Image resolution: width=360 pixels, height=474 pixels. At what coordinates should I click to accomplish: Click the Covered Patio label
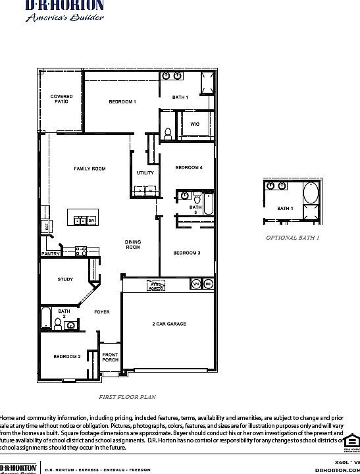62,99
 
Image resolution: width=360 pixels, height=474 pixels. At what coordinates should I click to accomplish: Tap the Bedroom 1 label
122,102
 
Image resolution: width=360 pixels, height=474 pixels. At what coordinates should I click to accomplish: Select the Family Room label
90,169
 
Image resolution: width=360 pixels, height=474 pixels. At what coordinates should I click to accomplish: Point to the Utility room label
145,173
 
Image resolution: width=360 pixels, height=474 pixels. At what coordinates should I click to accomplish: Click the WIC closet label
195,124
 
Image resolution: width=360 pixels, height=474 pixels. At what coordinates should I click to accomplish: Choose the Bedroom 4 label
188,168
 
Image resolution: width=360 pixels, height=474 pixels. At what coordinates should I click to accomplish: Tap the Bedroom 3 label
187,253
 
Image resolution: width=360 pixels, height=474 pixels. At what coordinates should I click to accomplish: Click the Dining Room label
133,245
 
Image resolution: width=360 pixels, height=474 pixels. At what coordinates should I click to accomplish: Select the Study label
65,279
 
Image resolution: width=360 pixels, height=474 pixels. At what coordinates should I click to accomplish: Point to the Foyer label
101,311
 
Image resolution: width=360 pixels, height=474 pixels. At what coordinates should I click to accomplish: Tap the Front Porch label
110,357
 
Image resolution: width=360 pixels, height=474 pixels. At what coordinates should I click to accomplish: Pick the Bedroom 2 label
67,357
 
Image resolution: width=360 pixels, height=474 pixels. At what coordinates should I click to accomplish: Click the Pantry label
51,253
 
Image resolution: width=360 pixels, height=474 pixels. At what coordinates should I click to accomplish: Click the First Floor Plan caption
127,397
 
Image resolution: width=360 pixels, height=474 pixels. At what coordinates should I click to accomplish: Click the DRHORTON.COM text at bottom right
338,470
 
